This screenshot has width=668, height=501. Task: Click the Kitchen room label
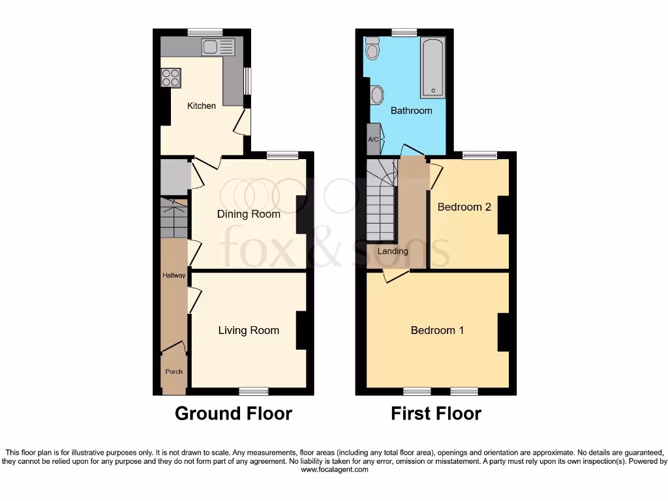(202, 106)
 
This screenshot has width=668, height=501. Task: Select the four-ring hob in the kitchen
(171, 78)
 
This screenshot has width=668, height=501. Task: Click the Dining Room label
(249, 214)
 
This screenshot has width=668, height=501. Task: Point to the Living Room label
(249, 331)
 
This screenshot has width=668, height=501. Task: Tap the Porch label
(174, 372)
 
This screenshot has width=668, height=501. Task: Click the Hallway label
(174, 275)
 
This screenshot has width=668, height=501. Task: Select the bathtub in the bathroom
(433, 67)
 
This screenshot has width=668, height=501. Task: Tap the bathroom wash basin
(376, 96)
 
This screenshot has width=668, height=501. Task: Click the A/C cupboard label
(373, 140)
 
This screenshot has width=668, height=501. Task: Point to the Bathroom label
(411, 111)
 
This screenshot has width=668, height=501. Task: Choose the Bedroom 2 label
(464, 207)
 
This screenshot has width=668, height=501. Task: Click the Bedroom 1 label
(437, 330)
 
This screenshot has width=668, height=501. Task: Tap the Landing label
(393, 251)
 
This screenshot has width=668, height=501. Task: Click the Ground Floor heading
(234, 414)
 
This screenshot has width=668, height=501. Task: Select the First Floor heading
(436, 414)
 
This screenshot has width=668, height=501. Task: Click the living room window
(254, 391)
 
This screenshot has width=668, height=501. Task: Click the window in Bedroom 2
(479, 155)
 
